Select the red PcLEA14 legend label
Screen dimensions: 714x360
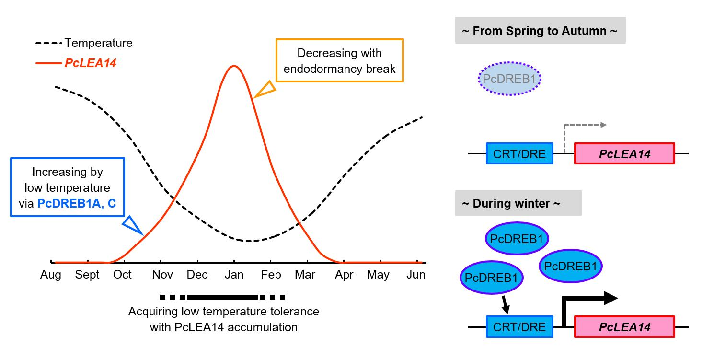point(91,63)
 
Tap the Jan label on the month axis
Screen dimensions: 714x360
point(234,275)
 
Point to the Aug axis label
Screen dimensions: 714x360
point(51,275)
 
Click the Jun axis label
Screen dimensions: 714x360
point(415,275)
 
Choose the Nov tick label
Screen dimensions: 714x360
point(162,275)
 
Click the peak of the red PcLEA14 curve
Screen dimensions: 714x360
point(234,66)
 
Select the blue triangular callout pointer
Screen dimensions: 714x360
point(132,225)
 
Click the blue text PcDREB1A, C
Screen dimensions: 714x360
point(77,203)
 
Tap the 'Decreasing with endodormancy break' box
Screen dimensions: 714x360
point(339,60)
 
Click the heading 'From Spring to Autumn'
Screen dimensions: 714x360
point(540,31)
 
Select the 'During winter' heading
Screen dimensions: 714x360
point(518,203)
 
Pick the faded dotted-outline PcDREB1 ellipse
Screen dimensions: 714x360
point(509,79)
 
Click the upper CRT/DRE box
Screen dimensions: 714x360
point(519,154)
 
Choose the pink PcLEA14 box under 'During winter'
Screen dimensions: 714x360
point(624,327)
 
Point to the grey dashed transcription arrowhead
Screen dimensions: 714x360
point(603,125)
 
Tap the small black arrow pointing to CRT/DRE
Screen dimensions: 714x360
point(505,305)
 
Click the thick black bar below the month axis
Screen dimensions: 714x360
point(222,297)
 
